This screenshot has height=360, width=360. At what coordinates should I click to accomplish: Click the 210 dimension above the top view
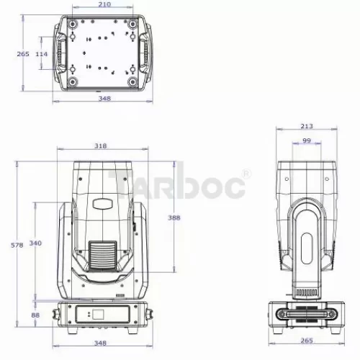pyautogui.click(x=104, y=4)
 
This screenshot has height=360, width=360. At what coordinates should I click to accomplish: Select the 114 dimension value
pyautogui.click(x=42, y=54)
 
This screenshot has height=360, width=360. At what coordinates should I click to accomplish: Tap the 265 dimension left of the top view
pyautogui.click(x=23, y=54)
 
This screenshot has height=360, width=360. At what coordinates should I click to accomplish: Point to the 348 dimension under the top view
pyautogui.click(x=104, y=99)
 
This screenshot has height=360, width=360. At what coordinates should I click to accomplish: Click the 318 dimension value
pyautogui.click(x=100, y=146)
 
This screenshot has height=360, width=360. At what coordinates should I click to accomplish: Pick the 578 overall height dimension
pyautogui.click(x=17, y=245)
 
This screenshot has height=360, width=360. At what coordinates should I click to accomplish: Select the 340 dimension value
pyautogui.click(x=35, y=243)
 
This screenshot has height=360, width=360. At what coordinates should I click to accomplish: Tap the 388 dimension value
pyautogui.click(x=174, y=217)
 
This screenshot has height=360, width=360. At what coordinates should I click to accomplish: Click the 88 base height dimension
pyautogui.click(x=35, y=315)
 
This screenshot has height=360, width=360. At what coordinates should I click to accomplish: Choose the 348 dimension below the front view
pyautogui.click(x=100, y=343)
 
